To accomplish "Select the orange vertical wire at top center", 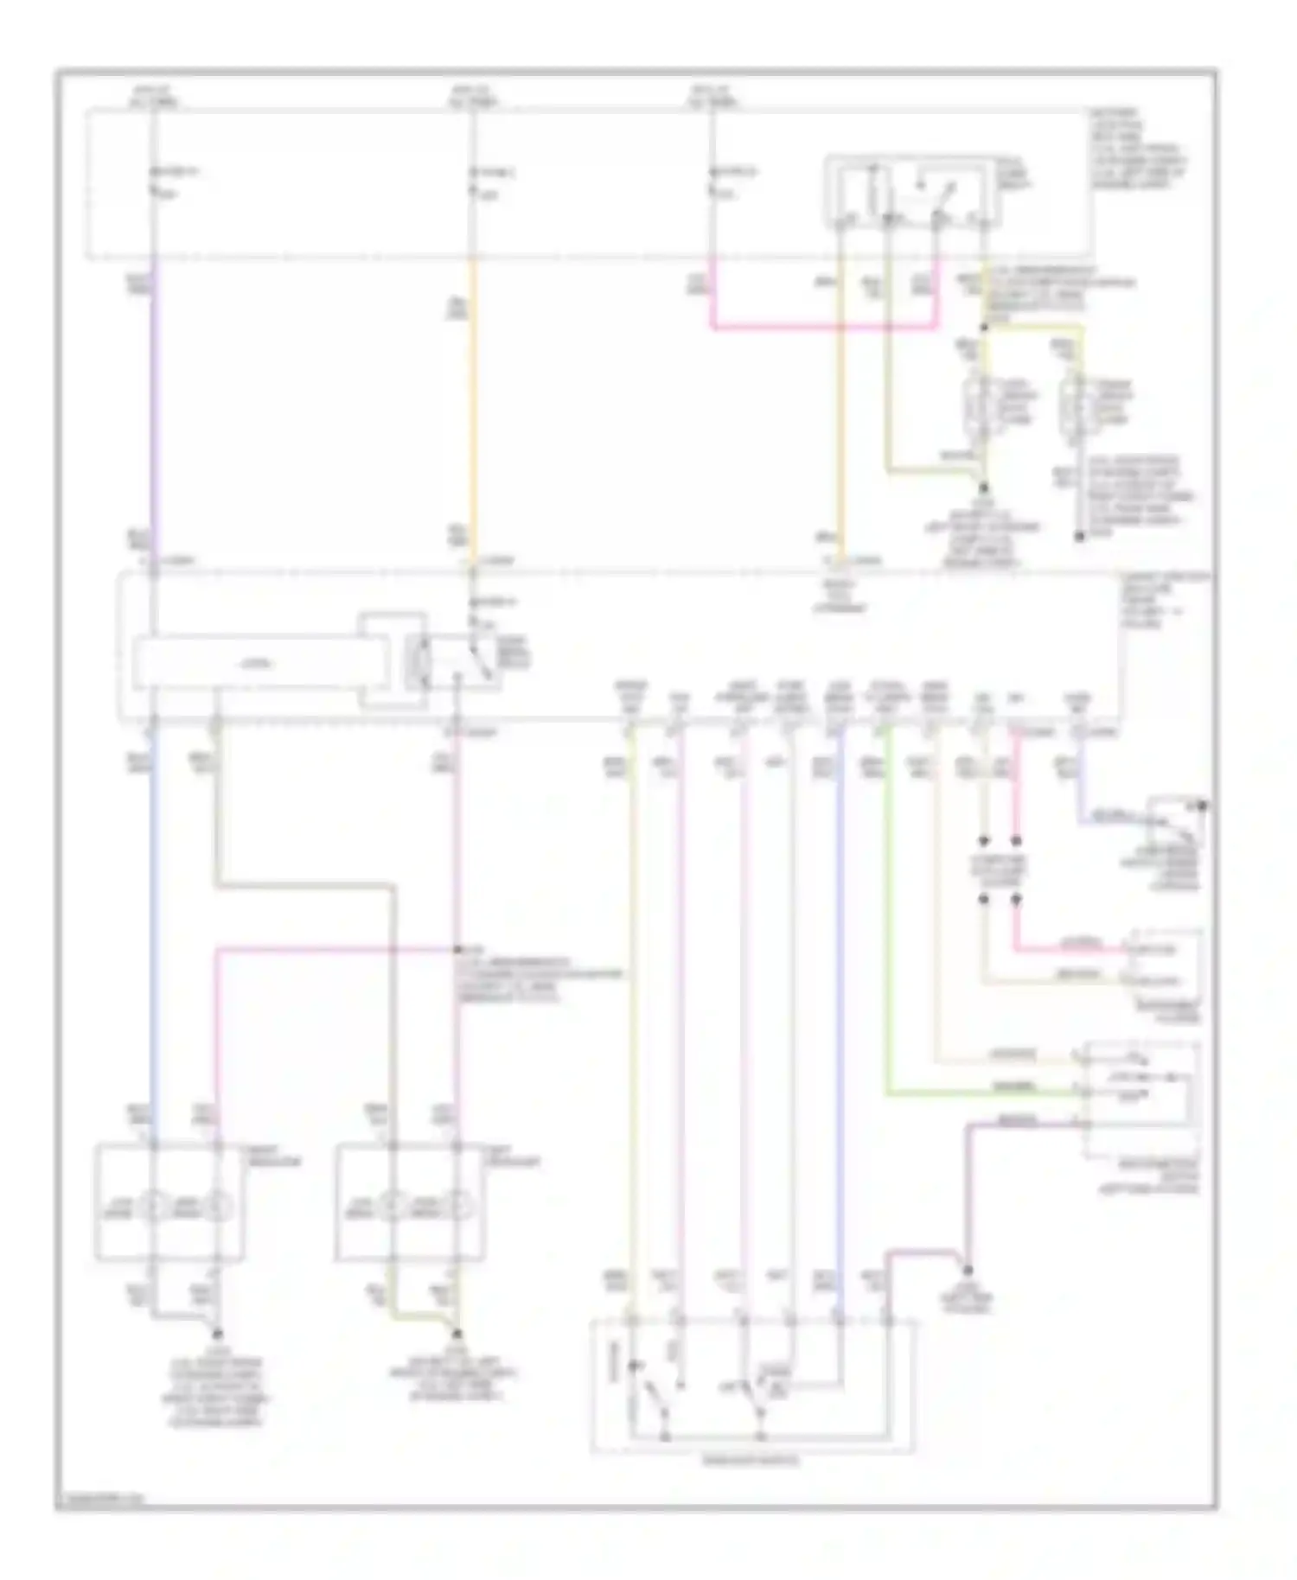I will click(473, 406).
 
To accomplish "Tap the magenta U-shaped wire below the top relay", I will click(821, 328).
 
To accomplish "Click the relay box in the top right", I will click(912, 192).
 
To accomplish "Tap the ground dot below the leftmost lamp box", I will click(217, 1334).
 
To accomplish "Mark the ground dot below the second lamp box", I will click(457, 1334).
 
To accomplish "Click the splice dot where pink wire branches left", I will click(457, 950).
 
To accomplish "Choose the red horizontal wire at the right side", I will click(1072, 950).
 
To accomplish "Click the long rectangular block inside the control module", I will click(255, 664).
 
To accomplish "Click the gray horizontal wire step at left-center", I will click(303, 885).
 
